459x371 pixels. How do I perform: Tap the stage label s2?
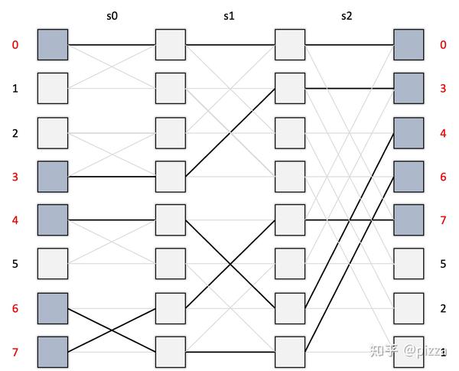346,15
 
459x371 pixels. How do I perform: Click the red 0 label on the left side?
15,44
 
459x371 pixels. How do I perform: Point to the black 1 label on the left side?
15,89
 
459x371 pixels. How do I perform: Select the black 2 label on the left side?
15,133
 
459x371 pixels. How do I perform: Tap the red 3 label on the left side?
15,177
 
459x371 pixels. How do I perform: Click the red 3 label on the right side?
443,89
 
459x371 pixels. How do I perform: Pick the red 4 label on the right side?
443,133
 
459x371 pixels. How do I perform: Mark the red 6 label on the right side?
443,177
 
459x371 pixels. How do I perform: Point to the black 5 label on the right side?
443,264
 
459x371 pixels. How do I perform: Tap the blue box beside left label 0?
52,44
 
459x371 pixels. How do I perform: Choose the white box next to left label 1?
52,88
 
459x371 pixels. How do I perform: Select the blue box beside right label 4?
408,132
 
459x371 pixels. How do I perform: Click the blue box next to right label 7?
408,220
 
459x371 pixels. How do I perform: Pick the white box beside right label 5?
408,264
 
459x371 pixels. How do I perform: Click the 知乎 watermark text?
382,350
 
